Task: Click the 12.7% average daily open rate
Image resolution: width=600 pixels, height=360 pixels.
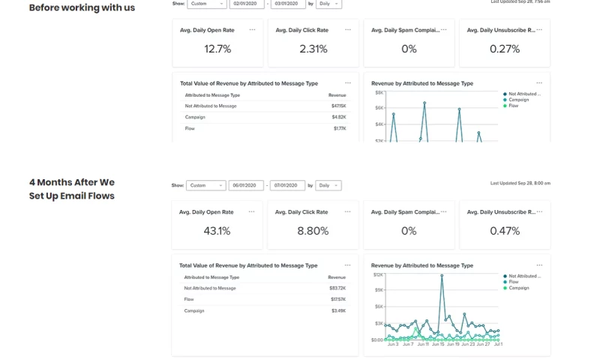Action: (217, 49)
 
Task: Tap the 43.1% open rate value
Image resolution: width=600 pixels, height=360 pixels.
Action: (217, 231)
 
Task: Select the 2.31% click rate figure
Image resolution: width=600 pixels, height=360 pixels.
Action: (313, 49)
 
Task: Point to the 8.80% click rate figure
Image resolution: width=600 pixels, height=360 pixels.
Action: (313, 231)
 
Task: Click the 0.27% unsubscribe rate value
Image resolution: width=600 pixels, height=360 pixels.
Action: (504, 49)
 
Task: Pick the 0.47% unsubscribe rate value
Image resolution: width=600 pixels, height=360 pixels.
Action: (504, 231)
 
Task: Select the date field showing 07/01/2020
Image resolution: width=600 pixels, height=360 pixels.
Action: (287, 185)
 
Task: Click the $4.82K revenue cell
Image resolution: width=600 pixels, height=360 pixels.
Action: (338, 117)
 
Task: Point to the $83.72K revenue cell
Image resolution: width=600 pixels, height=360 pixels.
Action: (337, 288)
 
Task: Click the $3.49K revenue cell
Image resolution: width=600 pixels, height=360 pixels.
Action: (338, 310)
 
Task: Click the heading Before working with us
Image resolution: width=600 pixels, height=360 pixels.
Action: (82, 7)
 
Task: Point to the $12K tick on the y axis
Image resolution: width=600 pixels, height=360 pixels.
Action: (378, 274)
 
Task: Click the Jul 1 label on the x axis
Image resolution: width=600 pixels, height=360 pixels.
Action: (497, 344)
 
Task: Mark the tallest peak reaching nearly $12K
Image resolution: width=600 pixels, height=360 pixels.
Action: (442, 275)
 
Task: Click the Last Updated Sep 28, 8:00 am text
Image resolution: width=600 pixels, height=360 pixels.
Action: (520, 183)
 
